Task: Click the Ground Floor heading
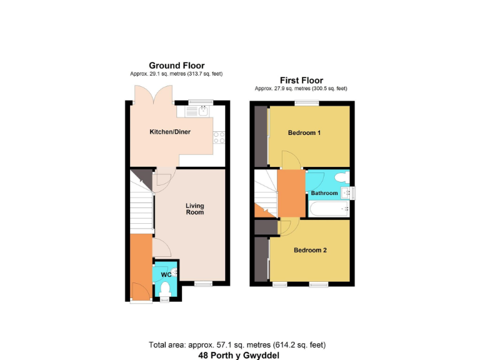(x=176, y=65)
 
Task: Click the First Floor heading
(x=301, y=80)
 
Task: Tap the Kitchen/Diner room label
(x=169, y=132)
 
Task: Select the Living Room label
(x=195, y=209)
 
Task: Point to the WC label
(x=166, y=274)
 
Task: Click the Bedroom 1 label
(x=304, y=133)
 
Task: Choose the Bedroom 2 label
(x=311, y=250)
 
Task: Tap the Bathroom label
(x=324, y=193)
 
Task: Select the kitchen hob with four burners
(x=219, y=137)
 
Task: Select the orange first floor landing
(x=291, y=194)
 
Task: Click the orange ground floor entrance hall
(x=141, y=266)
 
